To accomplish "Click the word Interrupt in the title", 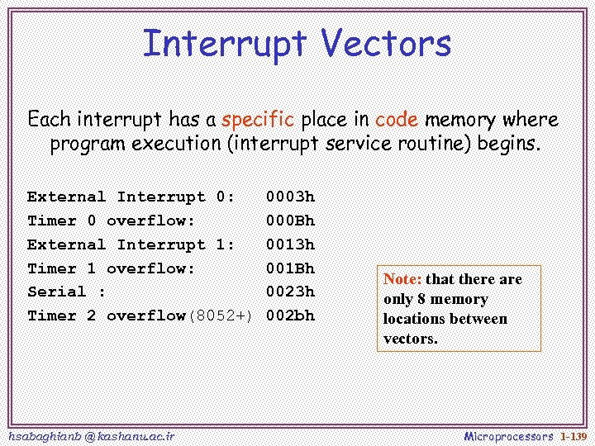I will coord(226,44).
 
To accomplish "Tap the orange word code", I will coord(397,120).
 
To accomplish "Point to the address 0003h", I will coord(290,197).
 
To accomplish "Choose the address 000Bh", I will coord(290,221).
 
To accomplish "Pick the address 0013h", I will coord(290,245).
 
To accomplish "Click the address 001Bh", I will coord(290,269).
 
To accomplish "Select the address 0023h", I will coord(290,292).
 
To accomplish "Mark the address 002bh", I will coord(290,316).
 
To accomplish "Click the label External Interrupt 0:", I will coord(131,197).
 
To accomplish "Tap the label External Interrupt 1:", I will coord(131,245).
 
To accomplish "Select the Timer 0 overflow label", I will coord(111,221).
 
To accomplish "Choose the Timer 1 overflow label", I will coord(111,269).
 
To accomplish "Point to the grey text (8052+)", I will coord(221,316).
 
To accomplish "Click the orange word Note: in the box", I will coord(402,280).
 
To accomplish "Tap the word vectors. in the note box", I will coord(410,339).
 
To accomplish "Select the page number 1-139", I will coord(572,435).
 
